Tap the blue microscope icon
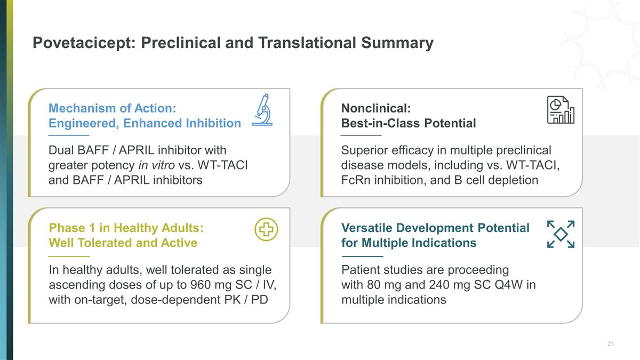(262, 110)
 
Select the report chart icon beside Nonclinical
(561, 110)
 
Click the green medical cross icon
(266, 229)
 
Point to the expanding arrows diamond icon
(561, 234)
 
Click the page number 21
(611, 343)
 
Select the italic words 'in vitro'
(156, 165)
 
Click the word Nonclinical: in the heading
(376, 108)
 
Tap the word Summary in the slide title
(397, 43)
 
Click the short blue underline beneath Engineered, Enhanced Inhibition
(69, 135)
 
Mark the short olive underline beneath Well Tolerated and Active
(69, 257)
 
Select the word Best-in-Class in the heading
(381, 123)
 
